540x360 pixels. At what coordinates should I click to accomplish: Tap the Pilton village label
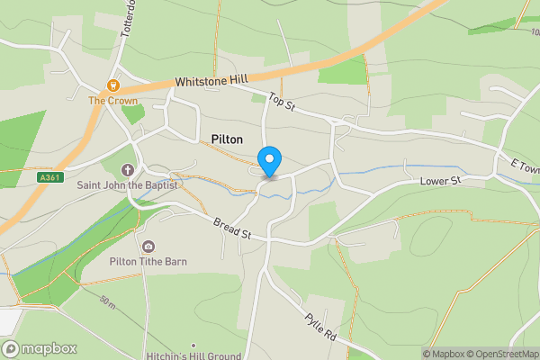(227, 139)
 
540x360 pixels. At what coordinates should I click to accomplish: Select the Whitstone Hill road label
(211, 81)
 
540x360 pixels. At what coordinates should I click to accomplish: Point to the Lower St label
(440, 182)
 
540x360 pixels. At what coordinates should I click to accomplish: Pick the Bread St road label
(231, 229)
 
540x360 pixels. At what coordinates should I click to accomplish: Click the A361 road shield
(49, 178)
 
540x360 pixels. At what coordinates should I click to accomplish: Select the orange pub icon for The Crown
(113, 85)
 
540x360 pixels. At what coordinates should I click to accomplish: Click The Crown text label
(112, 101)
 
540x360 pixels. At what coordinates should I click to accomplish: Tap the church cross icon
(127, 170)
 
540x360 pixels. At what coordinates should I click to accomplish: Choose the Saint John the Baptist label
(128, 185)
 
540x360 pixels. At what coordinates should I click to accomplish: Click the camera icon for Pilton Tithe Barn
(148, 247)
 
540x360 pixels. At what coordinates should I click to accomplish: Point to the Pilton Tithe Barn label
(148, 261)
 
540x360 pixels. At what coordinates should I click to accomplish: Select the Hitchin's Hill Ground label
(193, 355)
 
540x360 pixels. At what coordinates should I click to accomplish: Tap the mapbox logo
(39, 348)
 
